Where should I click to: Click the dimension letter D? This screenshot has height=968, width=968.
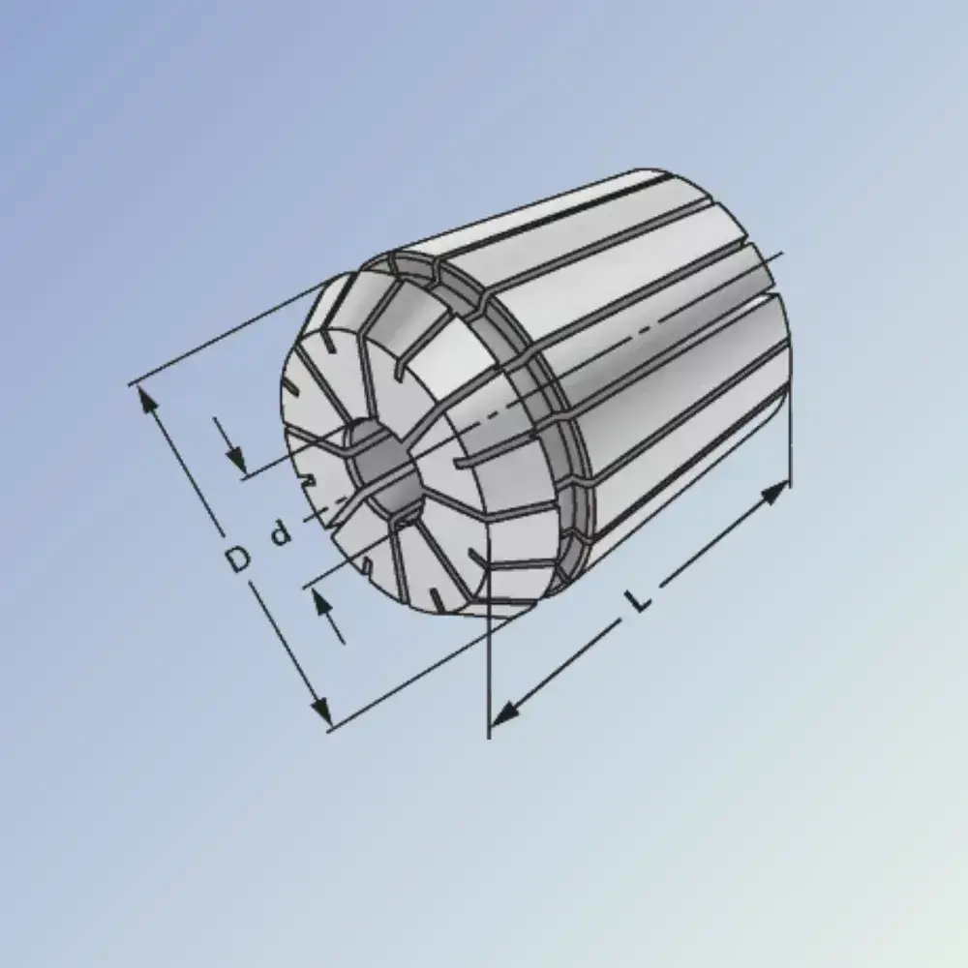[237, 559]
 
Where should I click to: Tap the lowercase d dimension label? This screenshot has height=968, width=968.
[280, 532]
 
